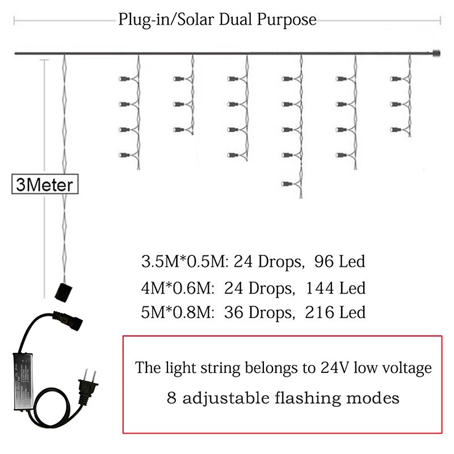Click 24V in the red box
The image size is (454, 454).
(333, 368)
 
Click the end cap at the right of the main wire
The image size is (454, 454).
(436, 54)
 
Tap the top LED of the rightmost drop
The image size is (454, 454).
(394, 78)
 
